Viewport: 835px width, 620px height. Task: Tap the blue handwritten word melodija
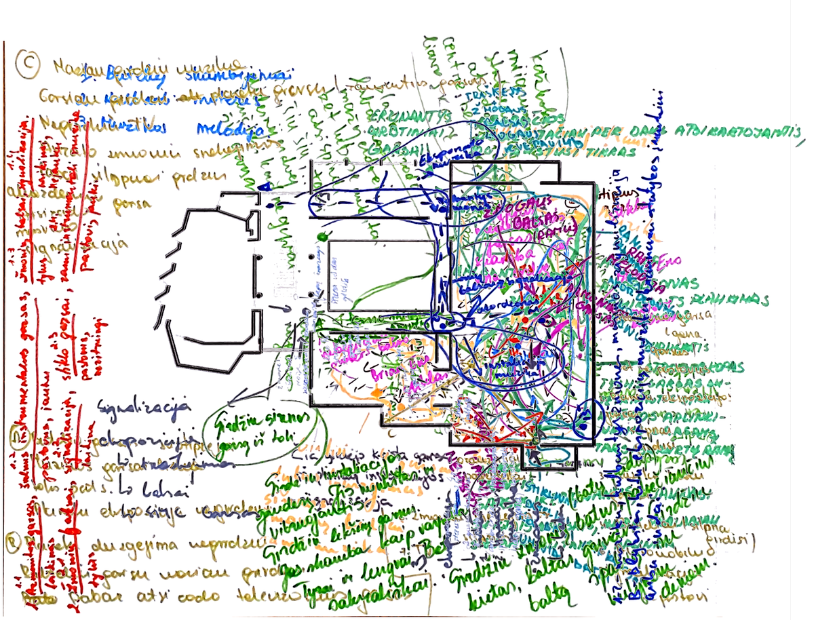[220, 129]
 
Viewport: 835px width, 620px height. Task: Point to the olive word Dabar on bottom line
[104, 598]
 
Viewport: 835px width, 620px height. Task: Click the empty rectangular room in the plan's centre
[380, 275]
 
